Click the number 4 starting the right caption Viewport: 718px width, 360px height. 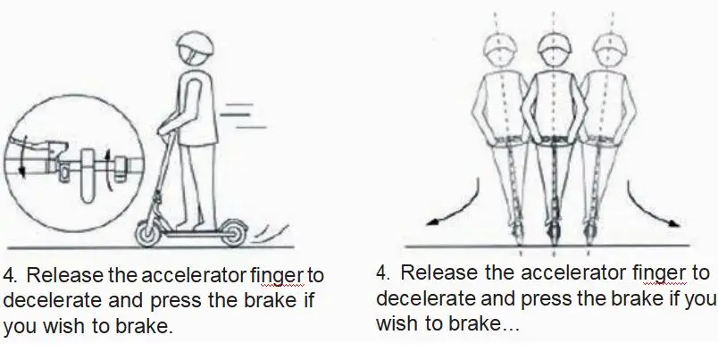382,273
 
